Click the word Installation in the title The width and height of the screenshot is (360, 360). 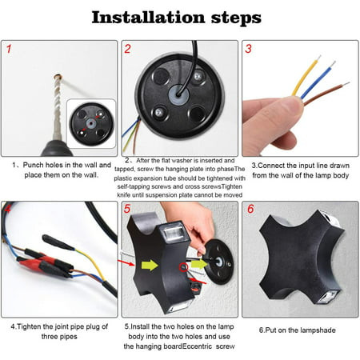[x=148, y=18]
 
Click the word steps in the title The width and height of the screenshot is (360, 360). [x=236, y=18]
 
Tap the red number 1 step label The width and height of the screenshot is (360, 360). [x=9, y=49]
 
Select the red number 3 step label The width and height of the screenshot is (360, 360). [x=248, y=49]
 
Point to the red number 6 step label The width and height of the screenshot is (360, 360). [x=250, y=209]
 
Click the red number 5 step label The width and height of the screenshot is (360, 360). [x=127, y=209]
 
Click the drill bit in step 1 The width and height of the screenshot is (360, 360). [x=57, y=106]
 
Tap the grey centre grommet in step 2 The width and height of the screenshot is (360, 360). [x=178, y=95]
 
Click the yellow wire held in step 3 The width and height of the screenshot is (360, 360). [x=306, y=74]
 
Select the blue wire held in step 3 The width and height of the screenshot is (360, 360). [x=318, y=80]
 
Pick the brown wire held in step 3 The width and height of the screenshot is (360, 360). [x=326, y=94]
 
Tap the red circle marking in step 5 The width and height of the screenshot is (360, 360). [x=183, y=267]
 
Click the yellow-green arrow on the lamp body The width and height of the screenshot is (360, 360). [x=150, y=265]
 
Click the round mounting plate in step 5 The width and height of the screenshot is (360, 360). [x=218, y=262]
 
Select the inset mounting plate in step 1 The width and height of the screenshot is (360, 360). [x=91, y=124]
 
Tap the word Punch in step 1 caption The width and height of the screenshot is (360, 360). [x=32, y=165]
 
